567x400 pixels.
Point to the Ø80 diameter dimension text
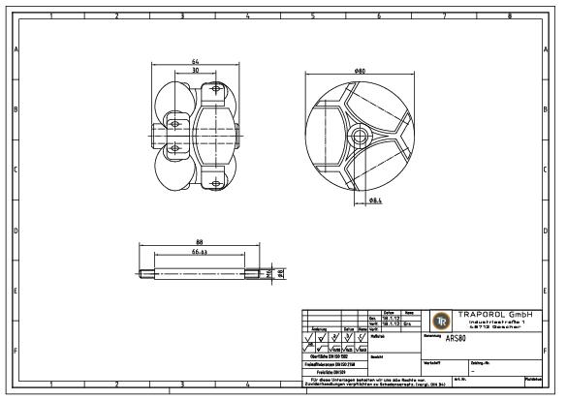pyautogui.click(x=360, y=71)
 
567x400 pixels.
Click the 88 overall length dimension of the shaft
pyautogui.click(x=199, y=242)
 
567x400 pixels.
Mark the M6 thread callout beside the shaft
pyautogui.click(x=272, y=273)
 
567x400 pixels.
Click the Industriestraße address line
pyautogui.click(x=496, y=322)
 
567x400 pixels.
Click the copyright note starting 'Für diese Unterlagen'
pyautogui.click(x=361, y=380)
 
